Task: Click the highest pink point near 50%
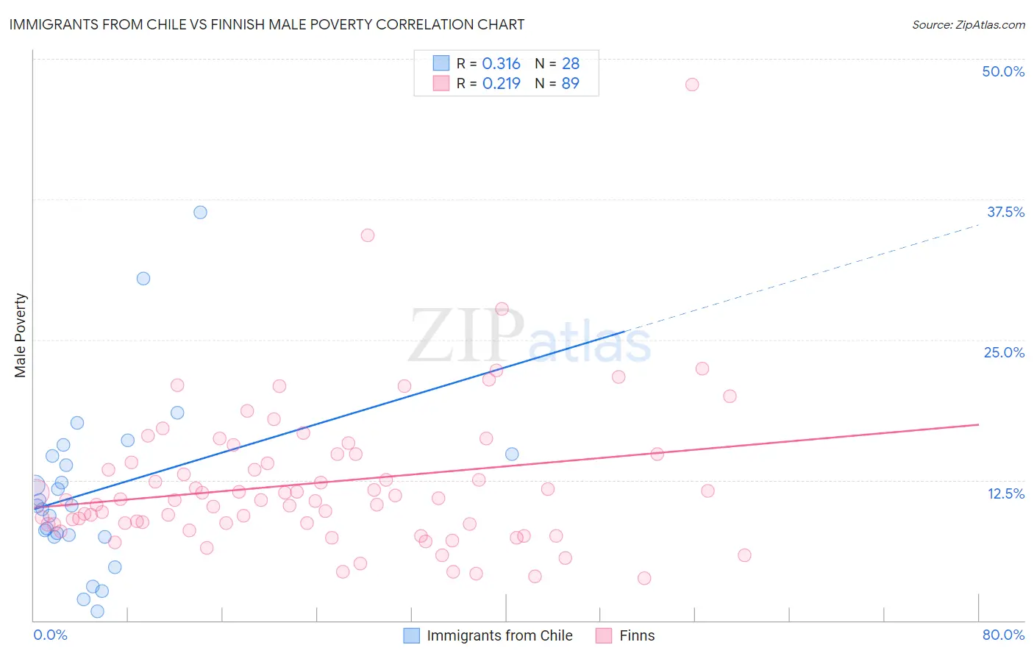(x=692, y=85)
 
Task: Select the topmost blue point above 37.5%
(x=200, y=213)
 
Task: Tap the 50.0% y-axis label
(x=1003, y=71)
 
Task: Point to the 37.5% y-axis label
(x=1005, y=212)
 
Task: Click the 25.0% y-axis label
(x=1004, y=352)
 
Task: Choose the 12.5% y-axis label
(x=1005, y=493)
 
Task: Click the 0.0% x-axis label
(x=50, y=635)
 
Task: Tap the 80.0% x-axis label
(x=1003, y=635)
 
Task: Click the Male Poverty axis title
(x=21, y=335)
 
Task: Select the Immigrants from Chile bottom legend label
(x=499, y=635)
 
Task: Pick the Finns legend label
(x=637, y=635)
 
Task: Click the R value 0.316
(x=501, y=64)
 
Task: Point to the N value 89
(x=571, y=84)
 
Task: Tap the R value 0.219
(x=501, y=84)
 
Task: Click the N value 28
(x=571, y=64)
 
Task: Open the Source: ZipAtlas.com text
(x=968, y=25)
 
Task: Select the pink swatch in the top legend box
(x=441, y=83)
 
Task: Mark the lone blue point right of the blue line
(x=512, y=454)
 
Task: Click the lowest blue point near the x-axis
(x=97, y=611)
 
